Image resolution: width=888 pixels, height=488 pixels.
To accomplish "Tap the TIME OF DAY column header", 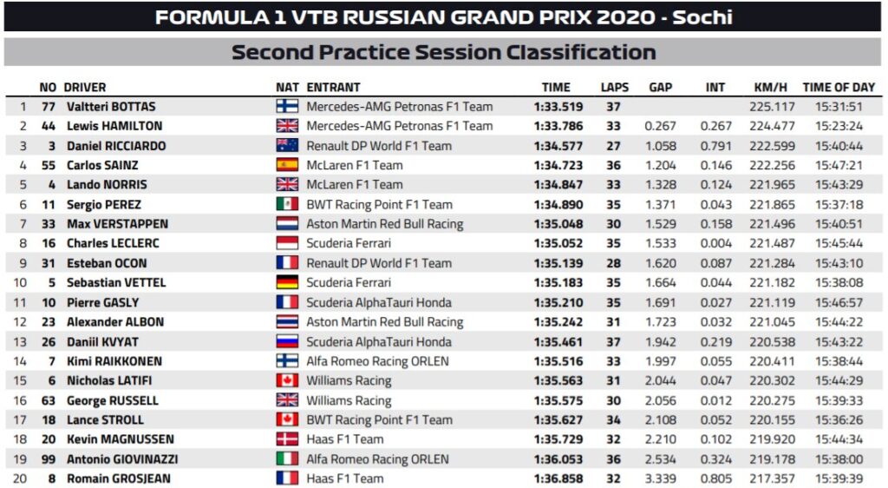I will [x=839, y=87].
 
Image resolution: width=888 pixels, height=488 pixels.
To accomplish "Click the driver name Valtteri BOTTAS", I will [x=111, y=107].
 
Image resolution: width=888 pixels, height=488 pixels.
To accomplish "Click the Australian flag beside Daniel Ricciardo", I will [x=287, y=146].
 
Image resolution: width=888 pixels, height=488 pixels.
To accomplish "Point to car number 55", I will [x=49, y=165].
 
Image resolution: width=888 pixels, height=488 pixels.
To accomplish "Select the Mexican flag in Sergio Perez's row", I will [x=287, y=205].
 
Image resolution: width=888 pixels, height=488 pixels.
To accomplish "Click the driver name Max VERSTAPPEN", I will [x=117, y=224].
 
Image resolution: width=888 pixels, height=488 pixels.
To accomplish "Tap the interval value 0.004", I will [x=715, y=243].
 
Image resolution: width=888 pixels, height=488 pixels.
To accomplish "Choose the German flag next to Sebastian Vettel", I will [x=287, y=282].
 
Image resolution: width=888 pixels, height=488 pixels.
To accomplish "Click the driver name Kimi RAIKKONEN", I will [x=114, y=361].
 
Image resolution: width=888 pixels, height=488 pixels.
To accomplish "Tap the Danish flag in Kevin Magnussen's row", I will [x=287, y=439].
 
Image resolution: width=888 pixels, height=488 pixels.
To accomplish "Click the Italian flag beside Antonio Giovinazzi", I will [x=287, y=458].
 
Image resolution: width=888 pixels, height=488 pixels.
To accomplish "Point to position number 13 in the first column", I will [x=23, y=341].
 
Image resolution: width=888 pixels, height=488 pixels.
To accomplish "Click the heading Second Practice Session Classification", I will [x=443, y=52].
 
